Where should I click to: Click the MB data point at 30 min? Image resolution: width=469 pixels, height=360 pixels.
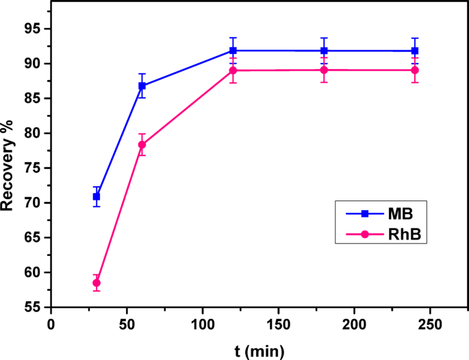97,196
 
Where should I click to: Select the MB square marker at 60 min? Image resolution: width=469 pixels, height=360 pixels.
142,86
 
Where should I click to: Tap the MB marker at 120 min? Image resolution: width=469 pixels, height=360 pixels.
233,51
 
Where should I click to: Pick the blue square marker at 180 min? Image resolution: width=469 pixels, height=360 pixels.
324,51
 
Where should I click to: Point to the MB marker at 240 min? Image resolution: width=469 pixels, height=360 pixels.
415,51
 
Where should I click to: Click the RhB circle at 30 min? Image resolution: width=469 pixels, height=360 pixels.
97,283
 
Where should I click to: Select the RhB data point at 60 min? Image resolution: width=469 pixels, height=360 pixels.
142,144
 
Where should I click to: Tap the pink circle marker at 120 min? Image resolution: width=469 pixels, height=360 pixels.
233,70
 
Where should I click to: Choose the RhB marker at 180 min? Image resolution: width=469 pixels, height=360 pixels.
324,70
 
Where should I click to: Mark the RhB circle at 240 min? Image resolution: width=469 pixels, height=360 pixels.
415,70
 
